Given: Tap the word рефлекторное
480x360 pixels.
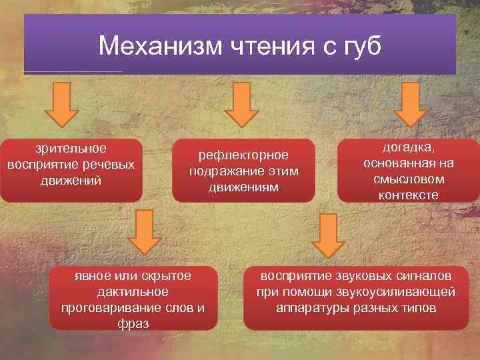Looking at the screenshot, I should [243, 155].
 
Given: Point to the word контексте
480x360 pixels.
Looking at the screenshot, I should [408, 195].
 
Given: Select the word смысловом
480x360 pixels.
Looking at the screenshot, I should [408, 179].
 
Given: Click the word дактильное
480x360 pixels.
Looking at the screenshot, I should [133, 292].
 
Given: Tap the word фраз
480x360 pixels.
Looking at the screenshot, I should [133, 323].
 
